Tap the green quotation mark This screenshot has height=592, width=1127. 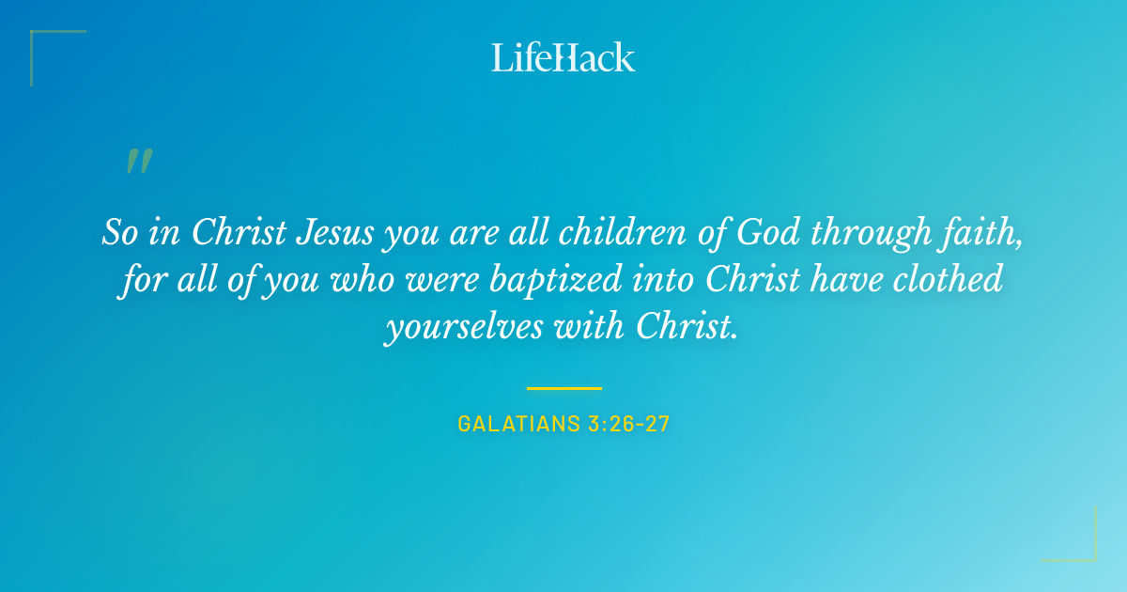(138, 163)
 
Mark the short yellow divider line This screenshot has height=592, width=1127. (563, 387)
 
